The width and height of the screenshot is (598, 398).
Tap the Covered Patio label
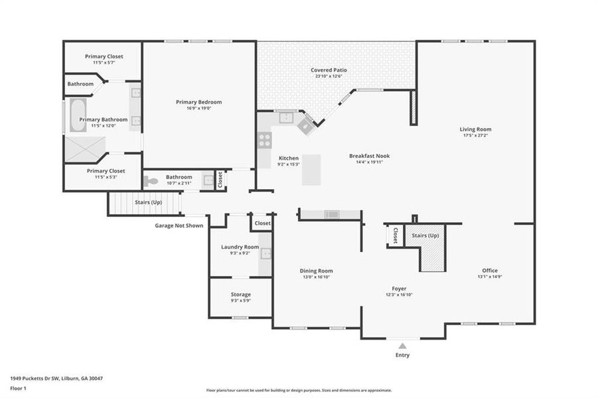329,70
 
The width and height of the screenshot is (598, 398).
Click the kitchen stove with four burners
264,140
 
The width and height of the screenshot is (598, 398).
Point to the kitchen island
311,170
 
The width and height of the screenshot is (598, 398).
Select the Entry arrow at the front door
402,345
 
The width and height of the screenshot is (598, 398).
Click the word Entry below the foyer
402,355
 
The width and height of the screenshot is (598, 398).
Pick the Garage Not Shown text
179,226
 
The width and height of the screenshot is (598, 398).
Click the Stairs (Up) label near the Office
425,235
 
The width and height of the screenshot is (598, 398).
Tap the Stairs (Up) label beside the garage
148,202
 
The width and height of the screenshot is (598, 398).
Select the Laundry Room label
240,247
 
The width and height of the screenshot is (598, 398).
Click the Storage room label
240,295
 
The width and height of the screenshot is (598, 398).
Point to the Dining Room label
316,271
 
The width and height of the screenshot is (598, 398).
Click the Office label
490,271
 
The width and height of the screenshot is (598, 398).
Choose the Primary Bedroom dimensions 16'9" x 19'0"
198,108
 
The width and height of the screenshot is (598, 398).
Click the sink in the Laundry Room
265,253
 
